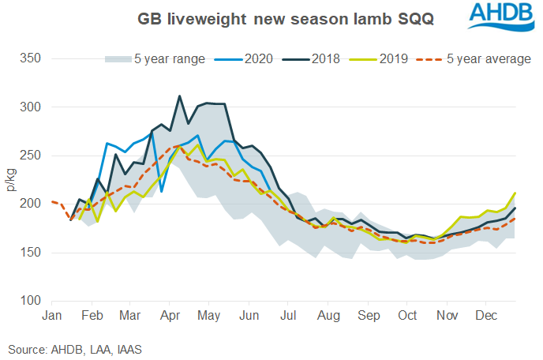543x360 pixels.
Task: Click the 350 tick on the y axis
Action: (32, 58)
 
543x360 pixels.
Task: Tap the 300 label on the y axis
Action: (32, 107)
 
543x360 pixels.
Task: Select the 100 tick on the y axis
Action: (32, 301)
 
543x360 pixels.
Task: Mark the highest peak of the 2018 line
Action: (180, 96)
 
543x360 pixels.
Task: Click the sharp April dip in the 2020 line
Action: (161, 191)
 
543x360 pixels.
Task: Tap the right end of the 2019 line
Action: (515, 193)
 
